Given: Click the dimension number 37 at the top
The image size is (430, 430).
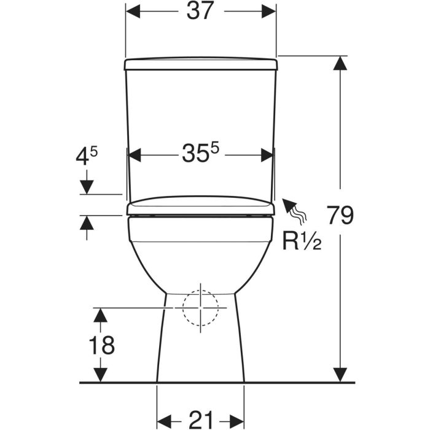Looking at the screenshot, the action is (x=200, y=11).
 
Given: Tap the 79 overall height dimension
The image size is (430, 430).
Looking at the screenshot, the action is (x=340, y=215).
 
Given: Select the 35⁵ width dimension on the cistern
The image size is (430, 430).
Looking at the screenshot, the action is (x=201, y=153).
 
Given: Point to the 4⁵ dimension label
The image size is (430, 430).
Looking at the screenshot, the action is (x=87, y=155).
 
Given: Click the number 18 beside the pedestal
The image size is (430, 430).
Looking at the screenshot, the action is (x=102, y=345).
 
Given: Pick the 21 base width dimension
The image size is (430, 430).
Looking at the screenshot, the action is (x=201, y=420).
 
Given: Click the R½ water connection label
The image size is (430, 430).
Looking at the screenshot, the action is (x=302, y=241).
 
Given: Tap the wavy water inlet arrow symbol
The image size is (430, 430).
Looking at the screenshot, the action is (x=295, y=210).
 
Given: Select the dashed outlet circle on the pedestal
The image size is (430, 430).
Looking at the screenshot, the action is (x=200, y=308).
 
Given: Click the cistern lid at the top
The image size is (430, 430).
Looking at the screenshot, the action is (x=201, y=64).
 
